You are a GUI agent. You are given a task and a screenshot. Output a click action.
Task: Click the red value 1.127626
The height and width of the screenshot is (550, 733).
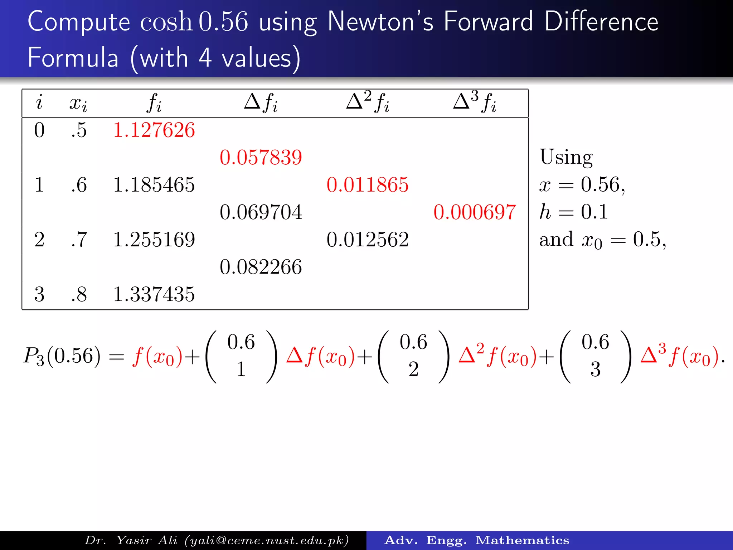coord(154,130)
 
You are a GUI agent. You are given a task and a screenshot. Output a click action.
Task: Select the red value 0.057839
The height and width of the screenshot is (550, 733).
coord(261,158)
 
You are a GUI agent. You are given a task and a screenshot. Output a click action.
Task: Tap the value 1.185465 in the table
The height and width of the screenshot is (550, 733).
coord(154,185)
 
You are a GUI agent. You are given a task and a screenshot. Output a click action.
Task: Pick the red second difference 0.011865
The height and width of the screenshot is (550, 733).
coord(367,185)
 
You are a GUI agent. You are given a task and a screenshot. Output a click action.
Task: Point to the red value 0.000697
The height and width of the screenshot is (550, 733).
coord(474,212)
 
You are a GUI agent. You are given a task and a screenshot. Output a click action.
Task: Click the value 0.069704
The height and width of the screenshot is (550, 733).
coord(261,212)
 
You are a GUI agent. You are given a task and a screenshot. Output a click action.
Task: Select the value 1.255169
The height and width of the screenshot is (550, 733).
coord(154,240)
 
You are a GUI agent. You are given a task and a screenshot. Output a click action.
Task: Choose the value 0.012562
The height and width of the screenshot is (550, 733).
coord(367,240)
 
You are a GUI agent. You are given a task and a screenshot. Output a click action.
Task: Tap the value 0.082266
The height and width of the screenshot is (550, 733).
coord(261,267)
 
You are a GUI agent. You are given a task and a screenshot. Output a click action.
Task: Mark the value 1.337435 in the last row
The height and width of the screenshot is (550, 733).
coord(154,295)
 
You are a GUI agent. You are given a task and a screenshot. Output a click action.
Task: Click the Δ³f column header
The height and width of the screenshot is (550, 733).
coord(474,102)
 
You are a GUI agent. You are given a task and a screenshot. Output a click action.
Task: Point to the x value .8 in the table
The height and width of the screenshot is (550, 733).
coord(79,295)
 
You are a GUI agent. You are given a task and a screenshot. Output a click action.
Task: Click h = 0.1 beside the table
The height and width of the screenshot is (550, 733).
coord(573,212)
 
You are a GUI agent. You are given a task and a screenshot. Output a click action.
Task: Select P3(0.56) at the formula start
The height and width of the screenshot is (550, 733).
coord(62,356)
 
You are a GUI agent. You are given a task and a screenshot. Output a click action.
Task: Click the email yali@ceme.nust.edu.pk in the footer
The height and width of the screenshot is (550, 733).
coord(267,540)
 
